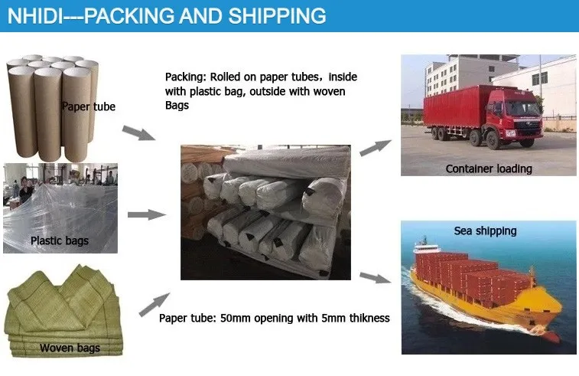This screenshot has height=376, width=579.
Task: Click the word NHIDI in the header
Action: (35, 16)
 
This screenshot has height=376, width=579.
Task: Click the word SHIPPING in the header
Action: (277, 16)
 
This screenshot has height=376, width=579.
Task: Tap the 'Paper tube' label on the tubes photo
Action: (89, 107)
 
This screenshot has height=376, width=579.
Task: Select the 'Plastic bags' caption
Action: (60, 240)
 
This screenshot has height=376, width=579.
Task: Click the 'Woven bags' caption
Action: (70, 348)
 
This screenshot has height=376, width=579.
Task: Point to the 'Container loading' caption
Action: (489, 169)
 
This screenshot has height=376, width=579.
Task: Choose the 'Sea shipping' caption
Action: (485, 231)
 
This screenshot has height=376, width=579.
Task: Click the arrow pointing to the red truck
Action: (376, 148)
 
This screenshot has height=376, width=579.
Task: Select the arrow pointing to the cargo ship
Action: (376, 277)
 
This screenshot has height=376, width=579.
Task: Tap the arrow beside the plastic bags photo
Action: (147, 214)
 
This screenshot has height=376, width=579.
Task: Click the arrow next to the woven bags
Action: (155, 305)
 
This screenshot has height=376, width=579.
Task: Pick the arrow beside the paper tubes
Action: (139, 132)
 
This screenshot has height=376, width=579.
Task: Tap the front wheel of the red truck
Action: (493, 140)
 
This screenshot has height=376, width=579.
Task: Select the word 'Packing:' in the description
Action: (186, 77)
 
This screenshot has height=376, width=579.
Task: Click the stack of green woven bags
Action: (63, 312)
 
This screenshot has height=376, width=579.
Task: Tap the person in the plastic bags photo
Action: (25, 189)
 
